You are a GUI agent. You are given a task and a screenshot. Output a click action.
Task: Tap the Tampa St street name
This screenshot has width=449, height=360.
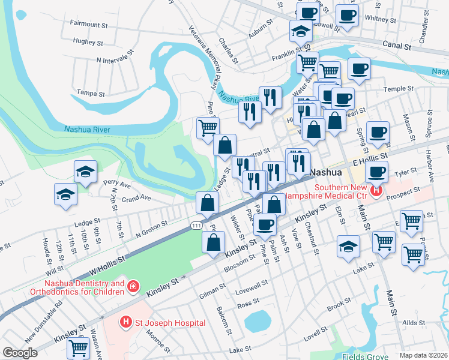(x=91, y=94)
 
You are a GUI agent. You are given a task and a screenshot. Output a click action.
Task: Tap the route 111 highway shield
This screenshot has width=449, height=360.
(x=196, y=224)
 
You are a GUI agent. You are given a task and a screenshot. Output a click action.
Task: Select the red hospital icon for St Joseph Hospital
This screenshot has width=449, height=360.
(x=125, y=323)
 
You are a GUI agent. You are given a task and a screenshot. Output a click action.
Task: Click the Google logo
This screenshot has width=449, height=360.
(x=20, y=352)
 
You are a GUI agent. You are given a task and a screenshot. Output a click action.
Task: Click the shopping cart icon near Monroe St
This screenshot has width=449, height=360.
(x=78, y=346)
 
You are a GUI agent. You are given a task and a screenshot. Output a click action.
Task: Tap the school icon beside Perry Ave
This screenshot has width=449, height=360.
(x=86, y=171)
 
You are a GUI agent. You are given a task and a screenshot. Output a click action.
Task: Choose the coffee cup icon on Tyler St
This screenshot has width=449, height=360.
(x=377, y=173)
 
